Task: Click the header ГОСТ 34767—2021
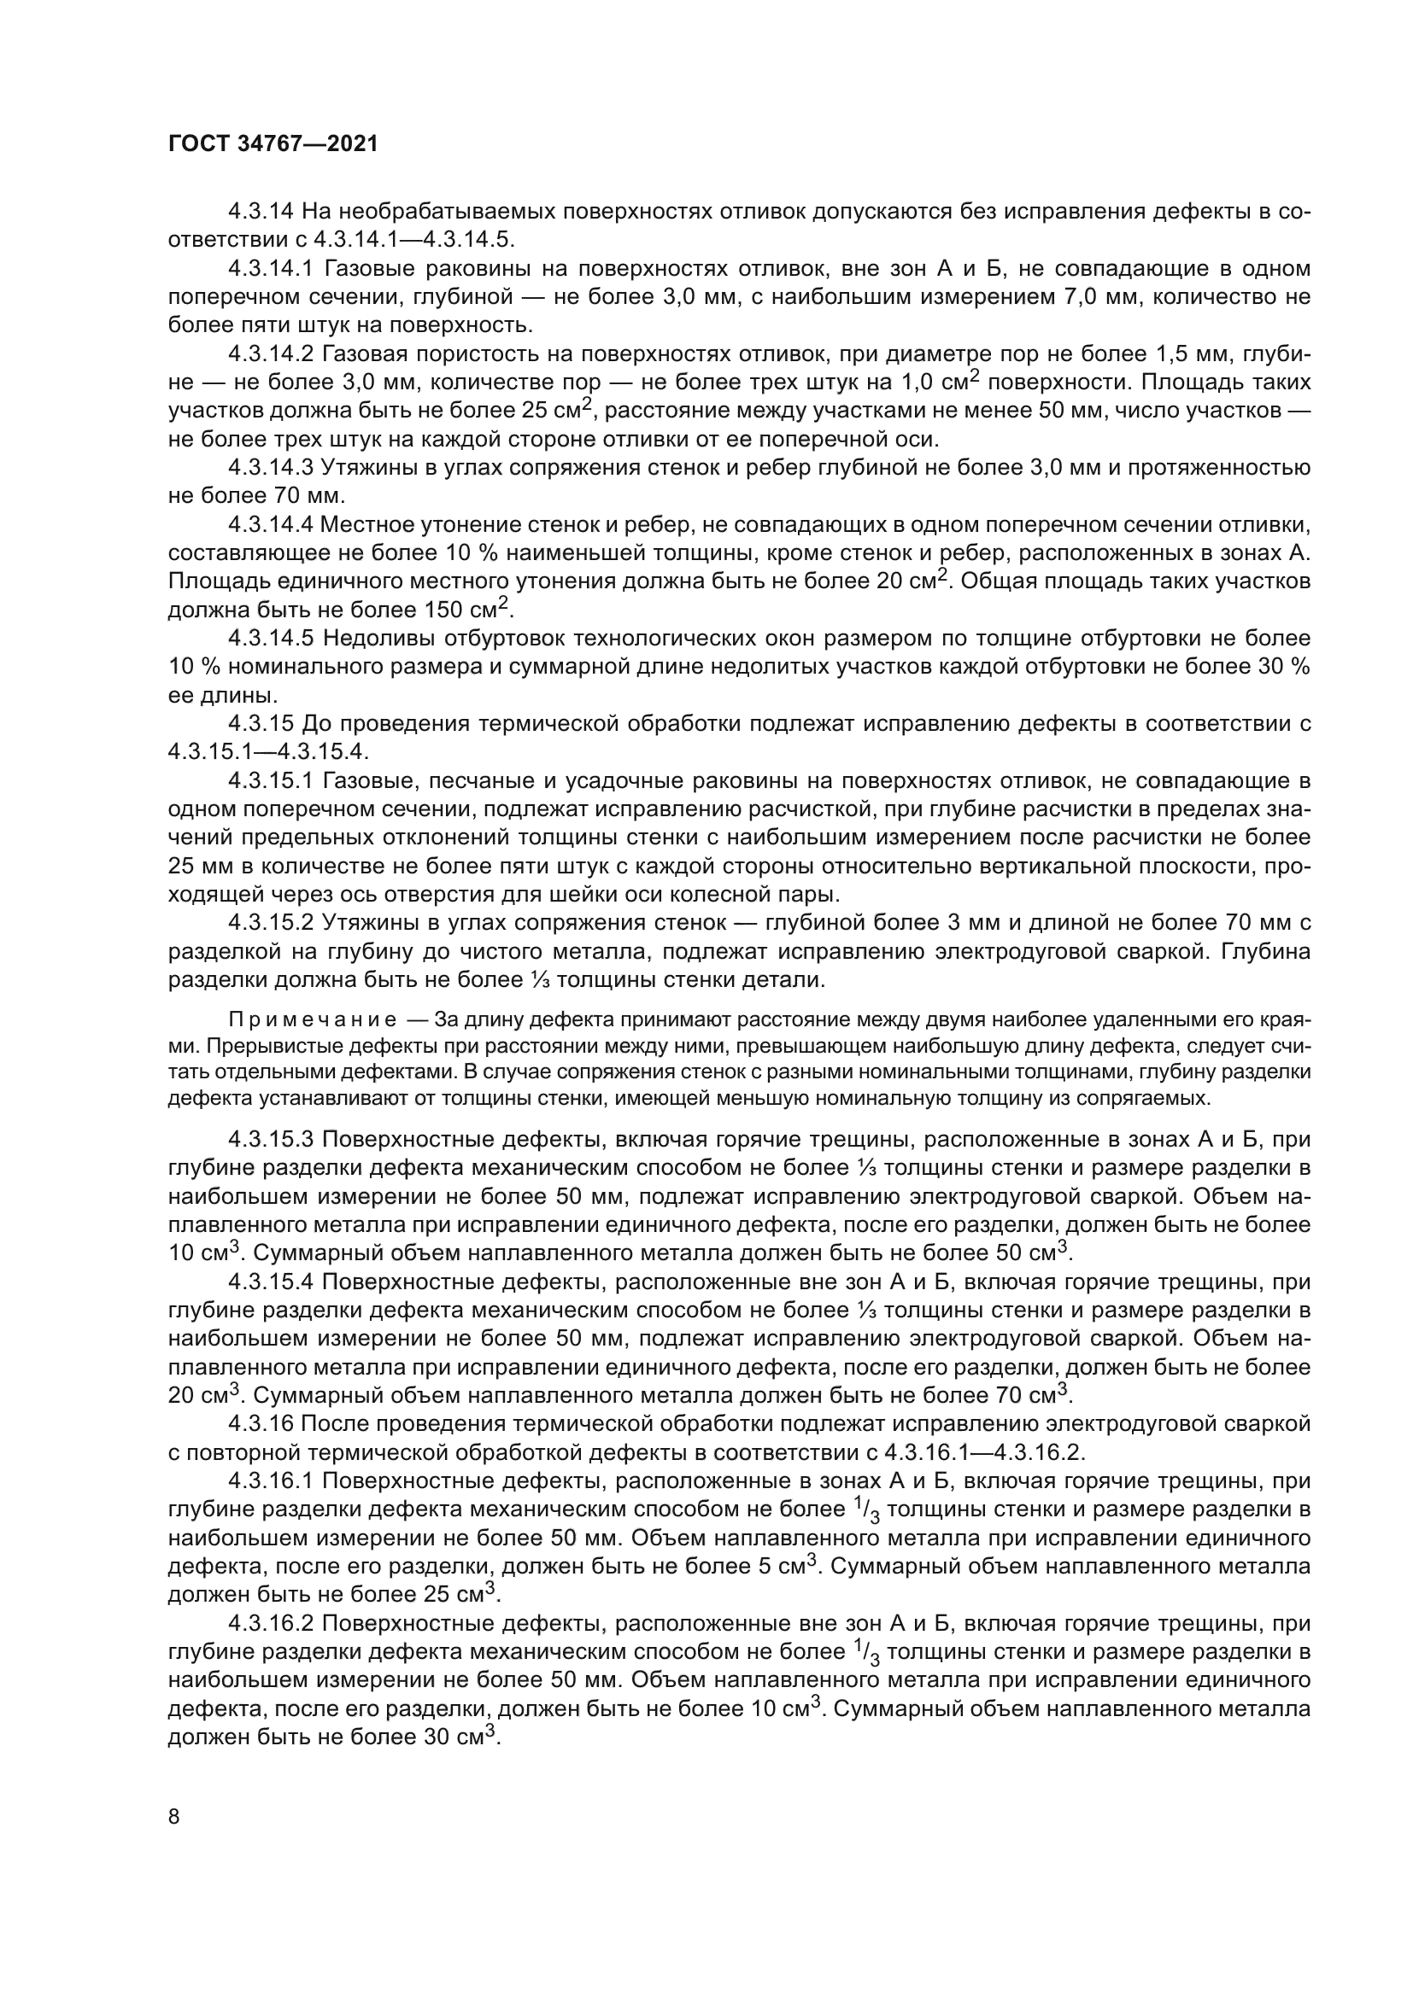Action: coord(273,144)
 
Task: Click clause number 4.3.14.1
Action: coord(271,269)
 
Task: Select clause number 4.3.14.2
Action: coord(271,354)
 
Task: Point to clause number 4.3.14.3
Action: coord(271,468)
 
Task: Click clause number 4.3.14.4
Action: coord(271,524)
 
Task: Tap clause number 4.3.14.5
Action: coord(271,639)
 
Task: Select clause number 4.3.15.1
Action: coord(271,781)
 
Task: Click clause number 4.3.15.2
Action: coord(271,923)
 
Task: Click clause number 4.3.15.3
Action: coord(271,1140)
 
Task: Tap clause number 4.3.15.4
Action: coord(271,1282)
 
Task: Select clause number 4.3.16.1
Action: coord(271,1481)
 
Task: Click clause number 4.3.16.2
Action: coord(271,1624)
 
